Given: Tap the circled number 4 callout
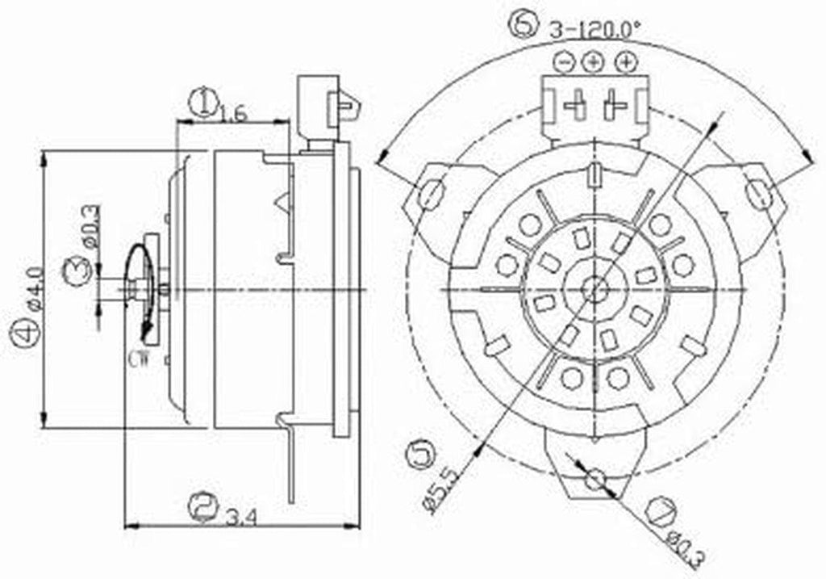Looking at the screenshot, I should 24,334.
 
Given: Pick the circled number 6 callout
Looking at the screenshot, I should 524,27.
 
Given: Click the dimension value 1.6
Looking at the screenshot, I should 232,115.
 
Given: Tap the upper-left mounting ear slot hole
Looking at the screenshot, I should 432,193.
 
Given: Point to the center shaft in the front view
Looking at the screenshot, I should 595,287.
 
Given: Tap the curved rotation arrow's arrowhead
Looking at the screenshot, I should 146,329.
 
